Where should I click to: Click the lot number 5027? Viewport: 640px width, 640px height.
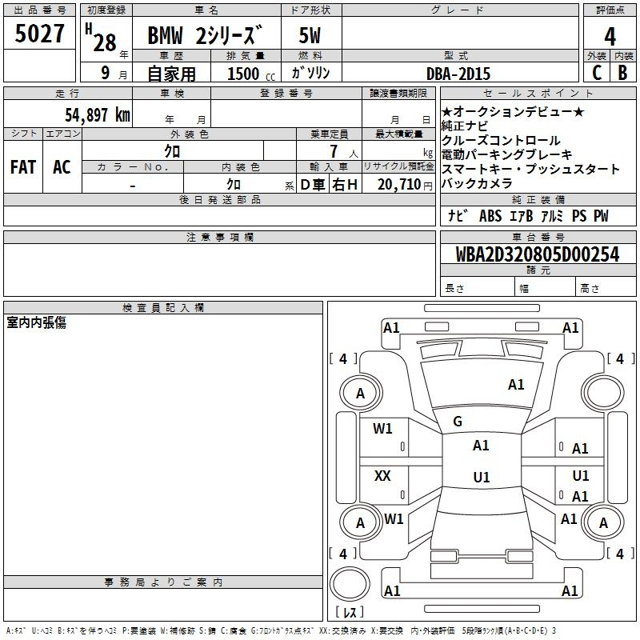[39, 34]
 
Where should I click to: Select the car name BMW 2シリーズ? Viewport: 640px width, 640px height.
[204, 35]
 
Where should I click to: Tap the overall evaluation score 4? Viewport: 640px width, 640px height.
[610, 37]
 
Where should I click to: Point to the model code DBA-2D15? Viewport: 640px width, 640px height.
[458, 74]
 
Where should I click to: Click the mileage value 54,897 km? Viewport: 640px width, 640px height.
[98, 115]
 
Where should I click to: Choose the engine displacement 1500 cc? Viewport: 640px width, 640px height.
[251, 74]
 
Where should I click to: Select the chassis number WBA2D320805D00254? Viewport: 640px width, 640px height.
[538, 254]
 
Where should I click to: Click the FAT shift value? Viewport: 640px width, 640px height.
[23, 167]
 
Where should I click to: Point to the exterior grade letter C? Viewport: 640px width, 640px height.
[597, 73]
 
